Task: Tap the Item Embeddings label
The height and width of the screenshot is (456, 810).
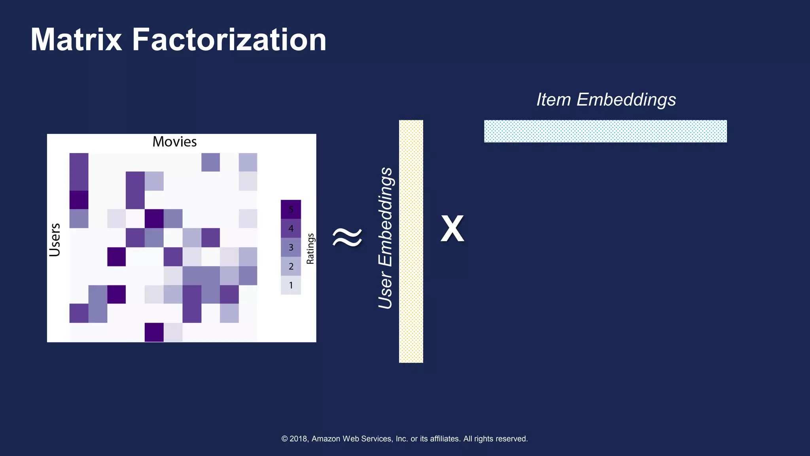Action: (606, 99)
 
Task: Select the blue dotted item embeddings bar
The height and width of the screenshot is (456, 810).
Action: (605, 131)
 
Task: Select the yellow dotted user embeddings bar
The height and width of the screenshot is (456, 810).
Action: (411, 241)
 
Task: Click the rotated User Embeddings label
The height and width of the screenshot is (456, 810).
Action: (385, 238)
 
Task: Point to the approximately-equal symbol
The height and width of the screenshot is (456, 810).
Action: (347, 237)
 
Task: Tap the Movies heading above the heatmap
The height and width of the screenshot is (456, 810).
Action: (174, 142)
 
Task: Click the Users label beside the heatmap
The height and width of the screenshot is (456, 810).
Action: (55, 240)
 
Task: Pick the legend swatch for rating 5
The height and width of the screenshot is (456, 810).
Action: (291, 209)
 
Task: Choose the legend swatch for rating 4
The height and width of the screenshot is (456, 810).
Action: (291, 228)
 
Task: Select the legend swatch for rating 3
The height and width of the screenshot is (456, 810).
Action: (291, 247)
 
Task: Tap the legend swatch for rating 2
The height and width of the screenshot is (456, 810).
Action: (291, 266)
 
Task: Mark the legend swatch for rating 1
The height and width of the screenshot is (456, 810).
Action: (291, 285)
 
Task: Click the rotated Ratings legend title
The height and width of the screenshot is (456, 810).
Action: (310, 249)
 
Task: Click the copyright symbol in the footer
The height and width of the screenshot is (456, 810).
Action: (284, 439)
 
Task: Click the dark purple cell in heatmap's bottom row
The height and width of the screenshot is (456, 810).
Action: (154, 332)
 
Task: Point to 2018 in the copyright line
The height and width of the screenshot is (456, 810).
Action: (299, 439)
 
